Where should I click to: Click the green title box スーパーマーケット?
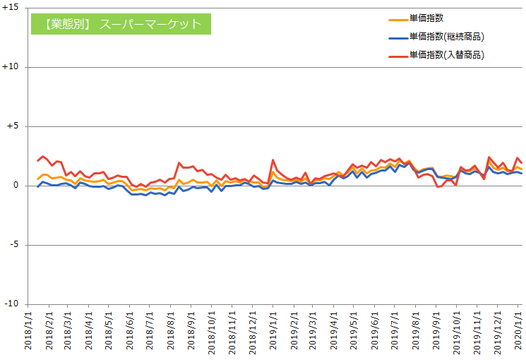[121, 24]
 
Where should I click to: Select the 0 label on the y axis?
[18, 186]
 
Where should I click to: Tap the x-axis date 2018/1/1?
[29, 332]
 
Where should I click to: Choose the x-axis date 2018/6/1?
[130, 332]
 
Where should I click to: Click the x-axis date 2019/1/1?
[273, 332]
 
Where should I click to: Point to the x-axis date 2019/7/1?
[394, 332]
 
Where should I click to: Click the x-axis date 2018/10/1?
[211, 332]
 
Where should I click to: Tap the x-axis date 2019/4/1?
[333, 332]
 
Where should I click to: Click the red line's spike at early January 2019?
[273, 160]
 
